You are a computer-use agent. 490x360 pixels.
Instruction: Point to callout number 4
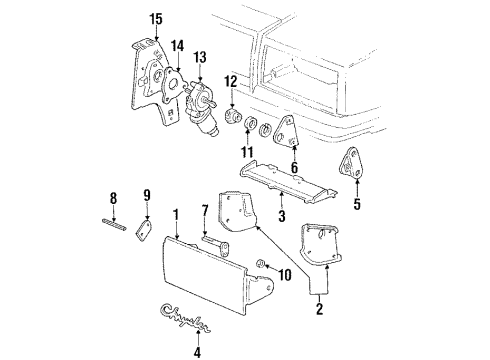point(197,350)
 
